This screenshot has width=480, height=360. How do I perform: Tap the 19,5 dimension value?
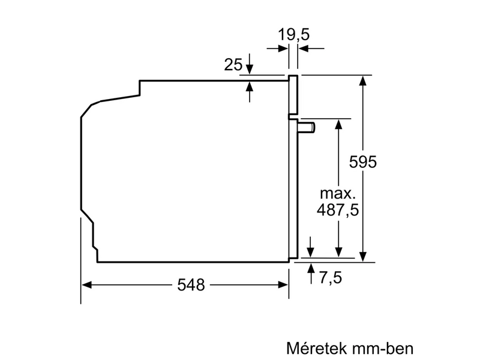294,35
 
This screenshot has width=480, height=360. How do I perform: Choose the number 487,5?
338,210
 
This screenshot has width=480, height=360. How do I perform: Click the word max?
337,193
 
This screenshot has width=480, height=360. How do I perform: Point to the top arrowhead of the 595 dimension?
364,80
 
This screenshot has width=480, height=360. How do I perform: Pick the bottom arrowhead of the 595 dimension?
364,257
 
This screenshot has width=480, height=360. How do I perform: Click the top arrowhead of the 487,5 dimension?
338,124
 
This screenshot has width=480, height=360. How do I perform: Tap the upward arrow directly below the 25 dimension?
250,85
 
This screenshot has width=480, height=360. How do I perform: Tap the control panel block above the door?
293,95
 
